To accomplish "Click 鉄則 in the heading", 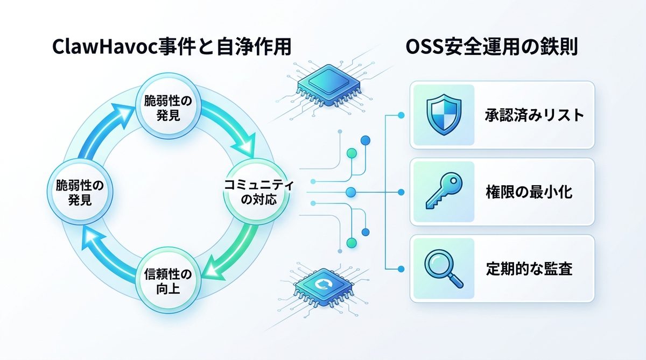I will pos(559,47).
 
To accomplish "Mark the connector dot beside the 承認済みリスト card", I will pos(401,115).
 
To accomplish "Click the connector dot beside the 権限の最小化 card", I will pos(401,192).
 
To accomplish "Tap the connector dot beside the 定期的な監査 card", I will pos(401,268).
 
